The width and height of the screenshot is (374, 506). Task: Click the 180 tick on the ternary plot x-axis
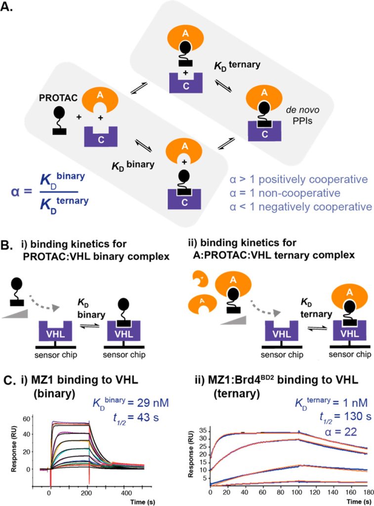pyautogui.click(x=366, y=494)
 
